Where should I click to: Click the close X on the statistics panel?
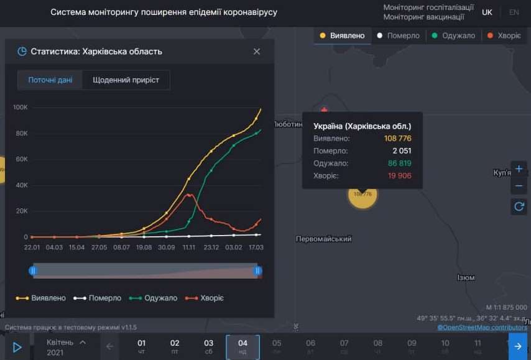257,52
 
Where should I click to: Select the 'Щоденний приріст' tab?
126,80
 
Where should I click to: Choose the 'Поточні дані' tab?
50,80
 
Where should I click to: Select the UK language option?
487,12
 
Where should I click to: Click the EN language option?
514,12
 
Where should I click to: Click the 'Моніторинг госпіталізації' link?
428,7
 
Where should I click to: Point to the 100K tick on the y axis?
21,108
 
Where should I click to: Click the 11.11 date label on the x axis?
189,247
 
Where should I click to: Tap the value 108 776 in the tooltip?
397,139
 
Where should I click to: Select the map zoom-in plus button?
519,168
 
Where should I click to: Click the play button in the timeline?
17,347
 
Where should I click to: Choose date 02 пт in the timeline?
175,346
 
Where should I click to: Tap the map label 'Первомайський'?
324,239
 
